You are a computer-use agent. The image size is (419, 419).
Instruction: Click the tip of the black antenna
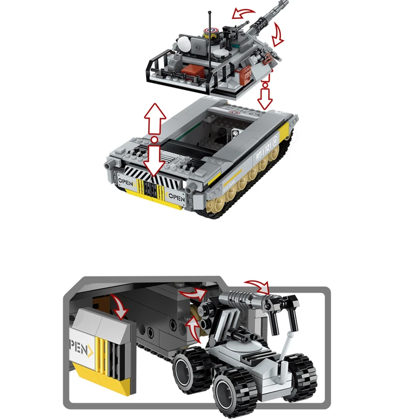[210, 12]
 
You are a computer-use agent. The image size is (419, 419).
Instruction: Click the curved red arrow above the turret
[245, 14]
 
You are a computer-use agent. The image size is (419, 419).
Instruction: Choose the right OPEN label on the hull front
[177, 197]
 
